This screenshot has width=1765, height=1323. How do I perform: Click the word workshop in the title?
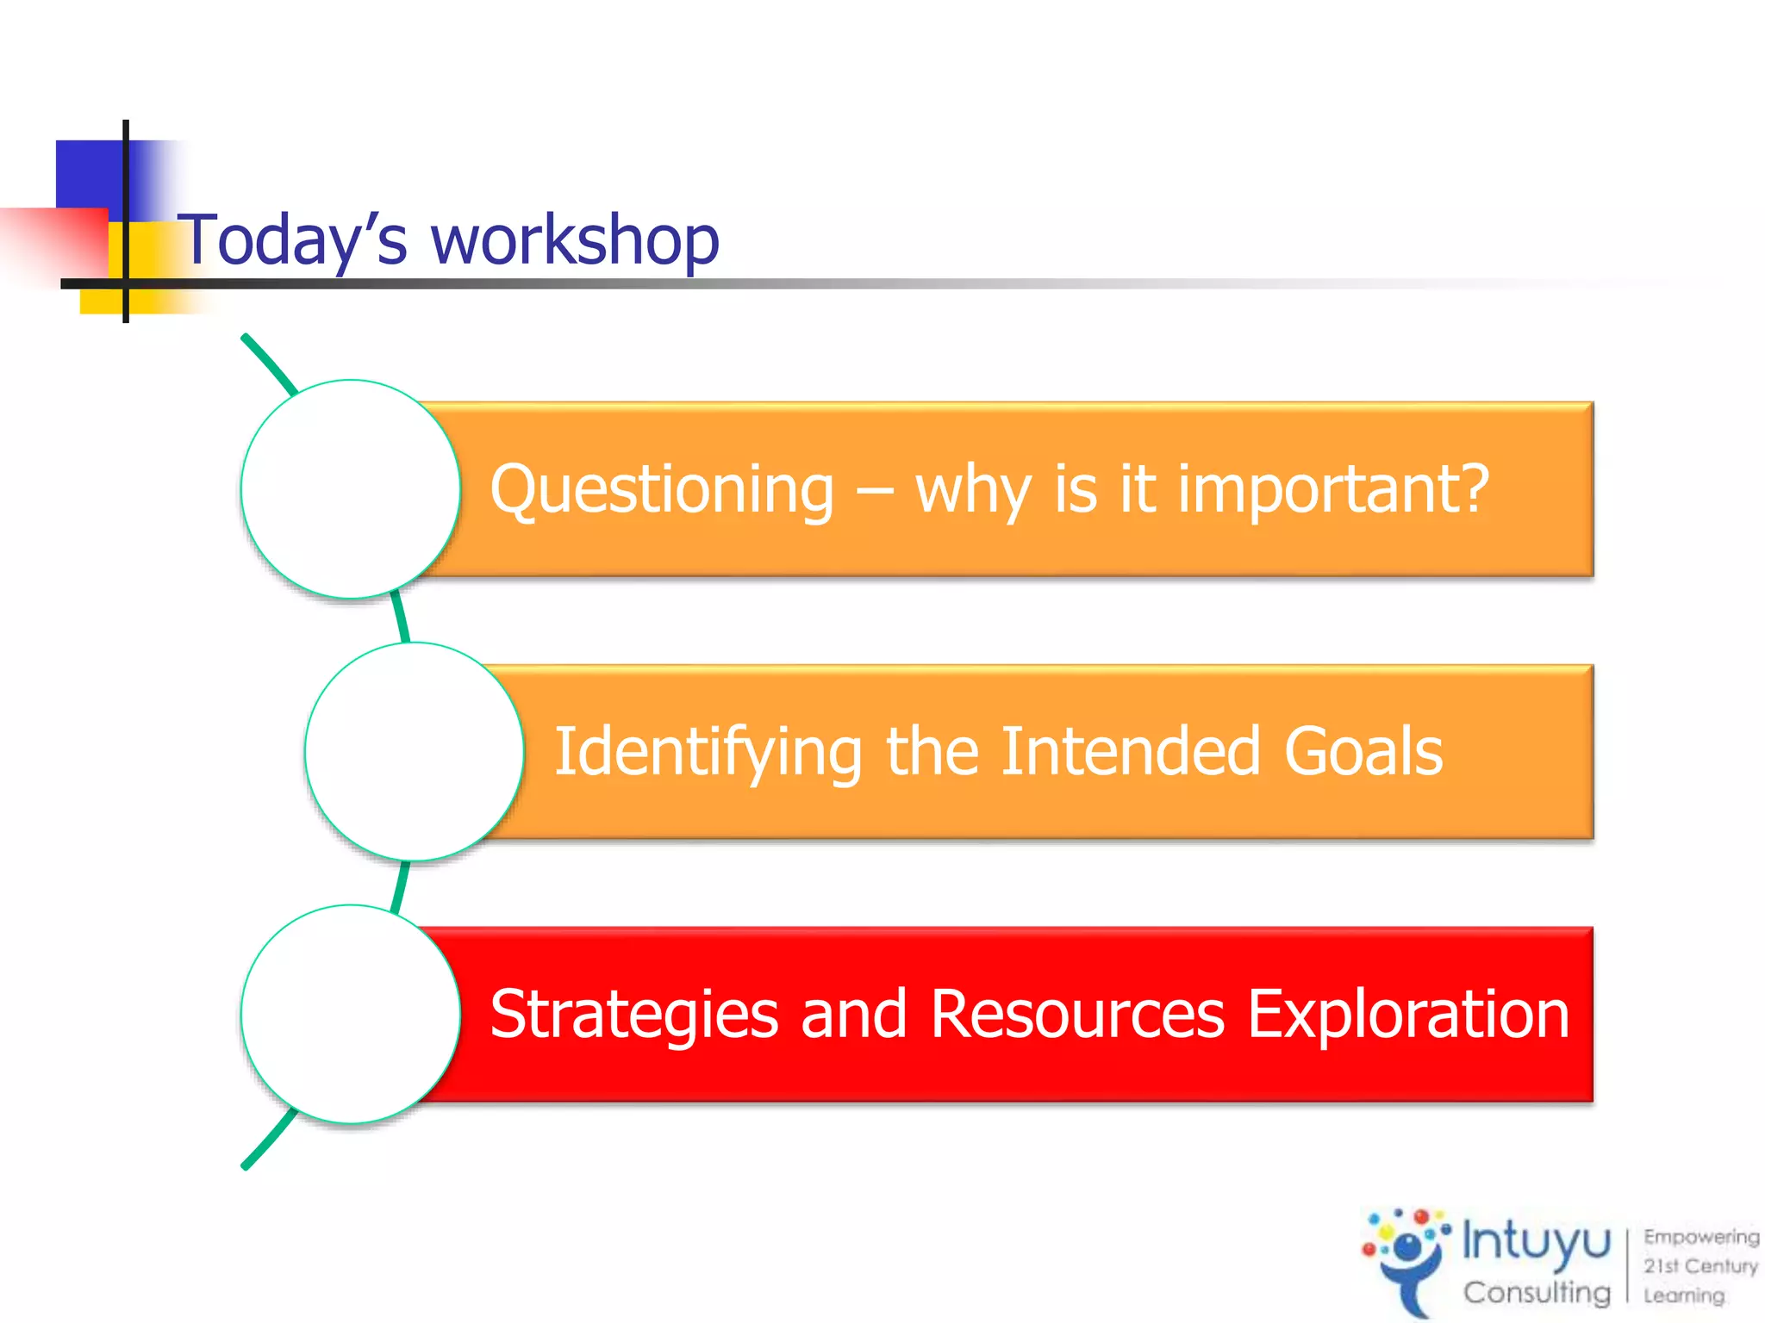point(575,239)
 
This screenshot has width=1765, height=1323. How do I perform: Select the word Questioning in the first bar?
point(662,489)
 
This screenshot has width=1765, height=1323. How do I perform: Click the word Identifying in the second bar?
point(707,752)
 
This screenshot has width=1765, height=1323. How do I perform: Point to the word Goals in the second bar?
point(1363,752)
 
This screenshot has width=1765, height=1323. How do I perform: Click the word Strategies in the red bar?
point(633,1015)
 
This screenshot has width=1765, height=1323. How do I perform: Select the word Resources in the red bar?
point(1077,1015)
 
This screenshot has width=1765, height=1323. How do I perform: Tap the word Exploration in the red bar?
point(1408,1015)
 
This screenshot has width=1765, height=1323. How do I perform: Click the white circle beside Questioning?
point(350,489)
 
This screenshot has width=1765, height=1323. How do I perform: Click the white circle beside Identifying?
point(414,752)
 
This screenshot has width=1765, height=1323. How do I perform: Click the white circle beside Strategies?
point(350,1015)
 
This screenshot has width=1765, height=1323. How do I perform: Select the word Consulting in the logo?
point(1536,1292)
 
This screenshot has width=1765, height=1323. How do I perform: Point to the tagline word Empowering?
point(1700,1237)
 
